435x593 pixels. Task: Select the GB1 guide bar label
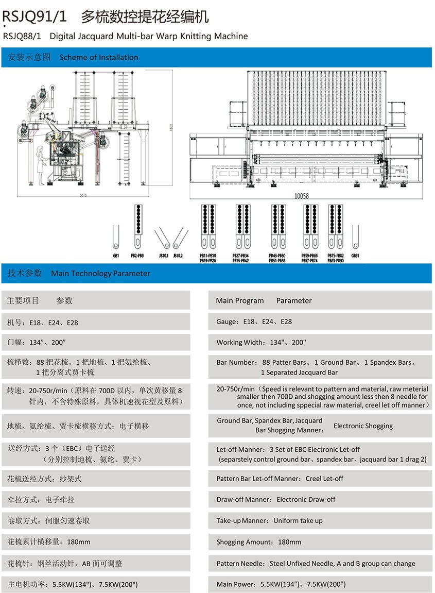[116, 256]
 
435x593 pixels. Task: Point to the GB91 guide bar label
[355, 256]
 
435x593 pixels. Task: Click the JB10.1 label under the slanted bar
[164, 256]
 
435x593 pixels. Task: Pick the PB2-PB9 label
[137, 256]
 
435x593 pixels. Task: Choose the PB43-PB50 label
[277, 256]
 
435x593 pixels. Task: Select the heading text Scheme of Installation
[99, 57]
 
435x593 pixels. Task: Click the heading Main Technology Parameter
[100, 274]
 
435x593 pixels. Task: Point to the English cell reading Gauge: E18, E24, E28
[254, 321]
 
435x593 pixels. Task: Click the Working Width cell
[261, 342]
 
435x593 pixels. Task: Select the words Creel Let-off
[324, 479]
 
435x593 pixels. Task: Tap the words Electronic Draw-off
[306, 499]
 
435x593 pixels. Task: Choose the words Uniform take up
[298, 520]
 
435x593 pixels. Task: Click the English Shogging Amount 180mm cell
[259, 542]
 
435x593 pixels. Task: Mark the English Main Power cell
[281, 584]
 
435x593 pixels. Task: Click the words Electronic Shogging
[363, 426]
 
